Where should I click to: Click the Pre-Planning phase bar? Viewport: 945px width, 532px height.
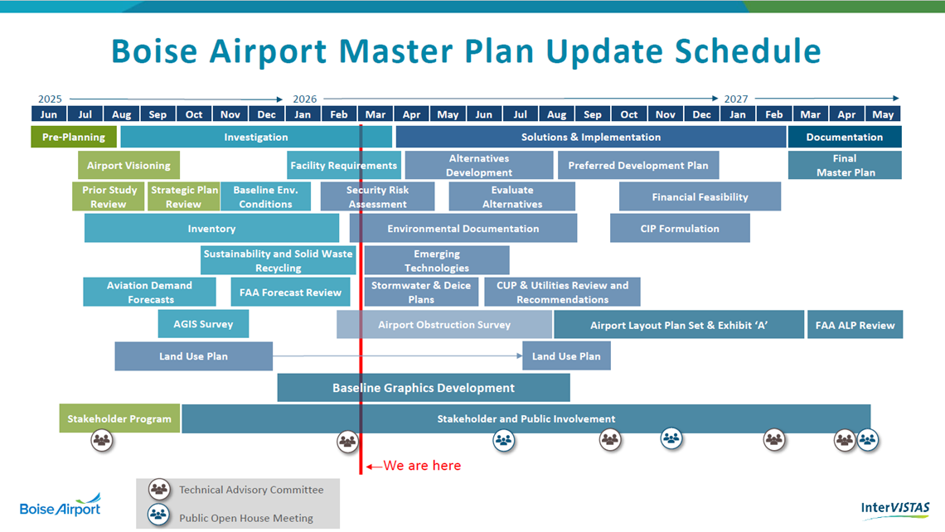pos(73,137)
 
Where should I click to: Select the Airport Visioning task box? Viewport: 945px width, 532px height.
pos(128,165)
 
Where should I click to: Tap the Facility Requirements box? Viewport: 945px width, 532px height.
pos(343,165)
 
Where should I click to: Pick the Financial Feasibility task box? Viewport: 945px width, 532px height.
pos(700,196)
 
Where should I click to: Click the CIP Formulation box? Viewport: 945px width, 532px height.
pos(680,229)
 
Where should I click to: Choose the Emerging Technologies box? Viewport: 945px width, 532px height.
pos(437,260)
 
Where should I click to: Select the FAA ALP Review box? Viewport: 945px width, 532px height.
pos(855,325)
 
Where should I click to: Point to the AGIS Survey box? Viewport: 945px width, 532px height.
pos(203,324)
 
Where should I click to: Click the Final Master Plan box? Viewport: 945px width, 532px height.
pos(845,165)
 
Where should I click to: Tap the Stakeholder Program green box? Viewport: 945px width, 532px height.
pos(119,418)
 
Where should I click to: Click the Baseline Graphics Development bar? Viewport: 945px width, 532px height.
pos(424,388)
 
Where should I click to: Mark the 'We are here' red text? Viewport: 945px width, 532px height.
pos(422,466)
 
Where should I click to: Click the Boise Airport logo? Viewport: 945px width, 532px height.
pos(61,506)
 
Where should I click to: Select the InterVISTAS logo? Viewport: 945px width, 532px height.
pos(895,509)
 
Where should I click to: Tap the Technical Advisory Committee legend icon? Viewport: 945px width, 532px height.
pos(159,489)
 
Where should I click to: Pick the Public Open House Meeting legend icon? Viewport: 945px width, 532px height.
pos(158,515)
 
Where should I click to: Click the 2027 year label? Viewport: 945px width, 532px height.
pos(736,99)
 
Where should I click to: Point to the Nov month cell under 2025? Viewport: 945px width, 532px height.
pos(230,114)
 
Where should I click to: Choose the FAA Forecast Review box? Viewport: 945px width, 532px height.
pos(290,293)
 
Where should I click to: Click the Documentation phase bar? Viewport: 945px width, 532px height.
pos(845,137)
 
